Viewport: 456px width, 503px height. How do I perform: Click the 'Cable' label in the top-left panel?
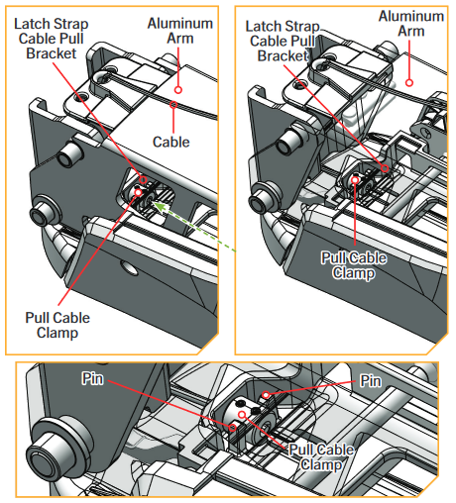point(171,142)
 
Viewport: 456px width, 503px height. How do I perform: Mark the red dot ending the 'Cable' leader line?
point(172,103)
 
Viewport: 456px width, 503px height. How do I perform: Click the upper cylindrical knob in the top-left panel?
point(71,151)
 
